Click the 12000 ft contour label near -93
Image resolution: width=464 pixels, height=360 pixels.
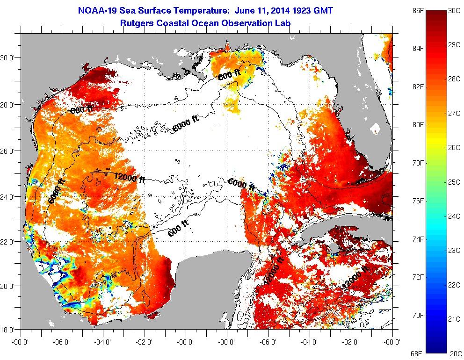click(x=130, y=177)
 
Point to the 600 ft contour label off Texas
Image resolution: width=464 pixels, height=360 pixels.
click(x=81, y=109)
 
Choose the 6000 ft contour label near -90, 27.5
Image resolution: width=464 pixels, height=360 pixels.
click(x=185, y=124)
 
